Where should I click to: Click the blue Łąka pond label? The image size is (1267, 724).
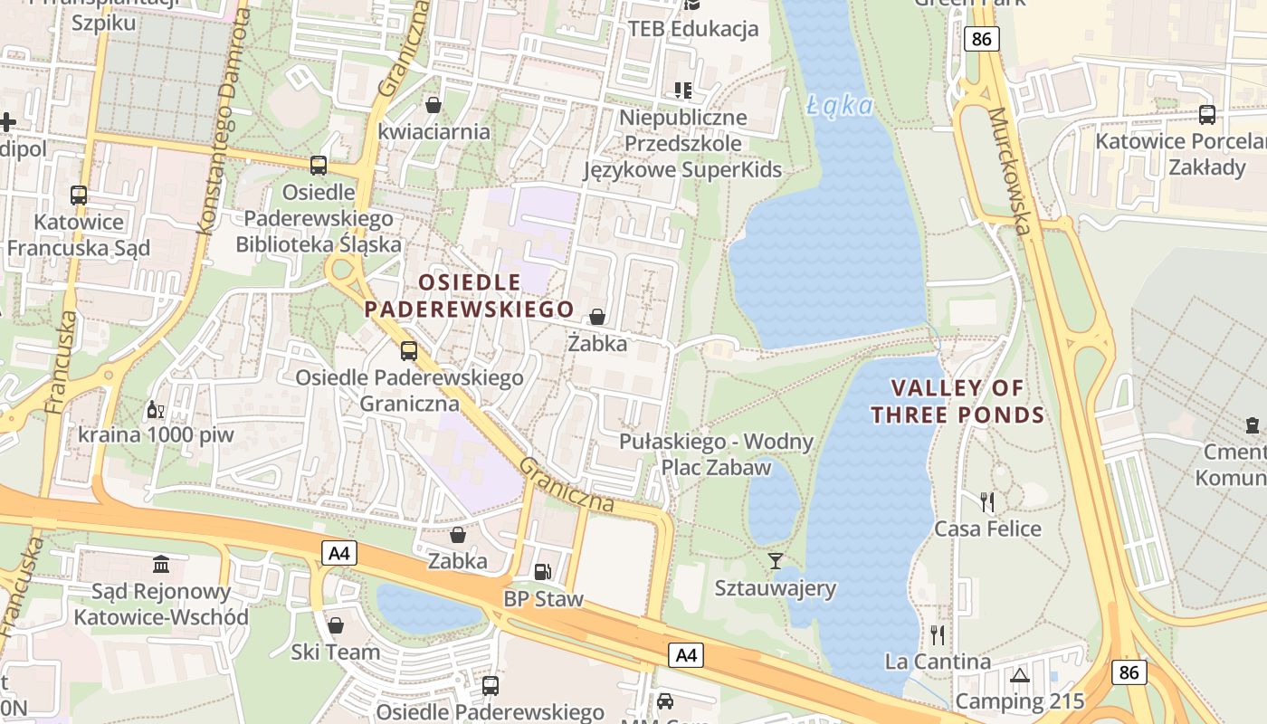coord(840,106)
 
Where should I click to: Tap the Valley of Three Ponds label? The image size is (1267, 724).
coord(957,402)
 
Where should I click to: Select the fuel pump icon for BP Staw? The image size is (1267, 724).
coord(542,572)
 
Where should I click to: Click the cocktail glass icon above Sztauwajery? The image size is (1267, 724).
coord(775,561)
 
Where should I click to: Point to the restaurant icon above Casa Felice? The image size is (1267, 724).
coord(987,501)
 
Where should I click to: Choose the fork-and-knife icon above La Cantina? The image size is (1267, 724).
coord(938,634)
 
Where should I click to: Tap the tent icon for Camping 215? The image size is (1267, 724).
coord(1020,675)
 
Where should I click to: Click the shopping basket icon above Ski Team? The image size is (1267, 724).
coord(336,625)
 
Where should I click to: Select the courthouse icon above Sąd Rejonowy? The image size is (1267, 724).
coord(161,565)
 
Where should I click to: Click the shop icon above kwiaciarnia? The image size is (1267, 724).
coord(433,105)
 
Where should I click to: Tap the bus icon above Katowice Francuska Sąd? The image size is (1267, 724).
coord(79,195)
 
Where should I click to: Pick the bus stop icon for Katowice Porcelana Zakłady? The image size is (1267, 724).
coord(1206,115)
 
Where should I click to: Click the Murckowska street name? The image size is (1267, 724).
coord(1010,171)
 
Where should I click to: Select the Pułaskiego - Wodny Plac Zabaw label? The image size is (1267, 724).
coord(716,454)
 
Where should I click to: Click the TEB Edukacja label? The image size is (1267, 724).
coord(693,29)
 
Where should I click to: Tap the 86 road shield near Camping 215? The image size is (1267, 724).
coord(1129,672)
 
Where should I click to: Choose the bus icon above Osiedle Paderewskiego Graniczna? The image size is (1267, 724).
coord(409,351)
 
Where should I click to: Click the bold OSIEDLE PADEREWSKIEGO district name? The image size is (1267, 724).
coord(470,296)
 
